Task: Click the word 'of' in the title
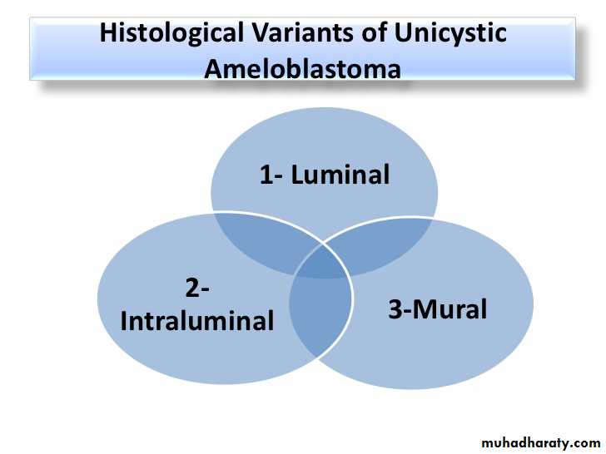pos(374,32)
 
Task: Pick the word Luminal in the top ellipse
pos(340,175)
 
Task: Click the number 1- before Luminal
pos(271,175)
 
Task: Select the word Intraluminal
pos(197,320)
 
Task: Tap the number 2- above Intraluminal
pos(197,288)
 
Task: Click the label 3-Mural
pos(438,308)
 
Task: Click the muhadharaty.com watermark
pos(541,442)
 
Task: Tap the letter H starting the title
pos(108,32)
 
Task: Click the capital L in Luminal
pos(297,175)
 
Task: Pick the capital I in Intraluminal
pos(123,321)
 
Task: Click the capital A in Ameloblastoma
pos(213,69)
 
